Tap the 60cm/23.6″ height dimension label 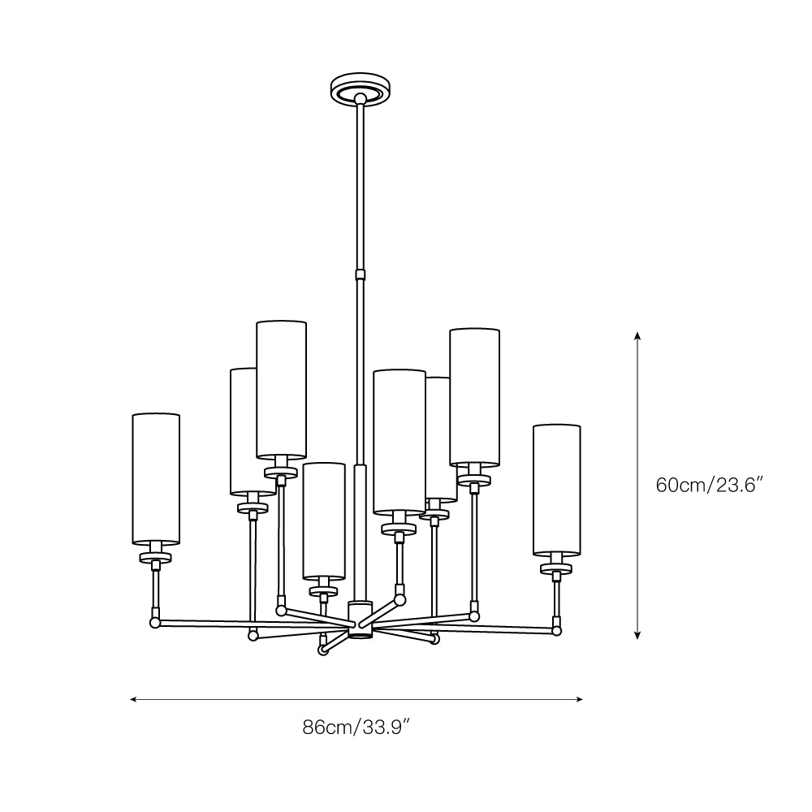[710, 486]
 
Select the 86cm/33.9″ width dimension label [356, 728]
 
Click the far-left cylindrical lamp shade [156, 479]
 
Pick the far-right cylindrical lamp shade [557, 490]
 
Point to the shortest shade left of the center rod [324, 521]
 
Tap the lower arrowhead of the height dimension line [637, 635]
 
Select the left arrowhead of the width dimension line [134, 699]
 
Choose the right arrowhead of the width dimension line [579, 699]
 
